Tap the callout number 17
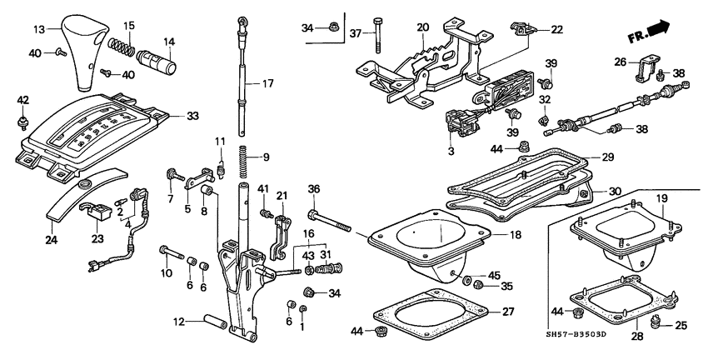[x=267, y=84]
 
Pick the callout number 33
[x=193, y=115]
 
